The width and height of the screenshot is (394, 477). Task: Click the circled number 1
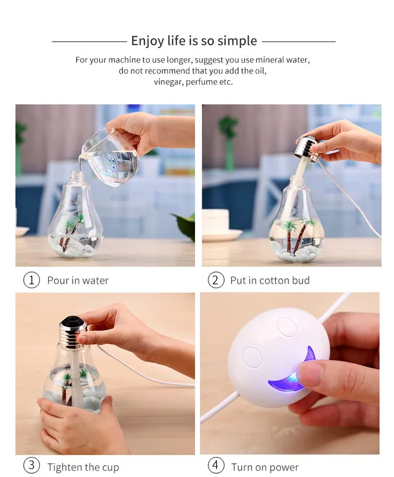pos(32,280)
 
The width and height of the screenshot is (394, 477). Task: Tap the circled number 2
pos(215,280)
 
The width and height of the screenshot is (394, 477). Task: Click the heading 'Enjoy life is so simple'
pos(194,41)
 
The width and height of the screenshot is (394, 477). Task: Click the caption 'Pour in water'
pos(78,281)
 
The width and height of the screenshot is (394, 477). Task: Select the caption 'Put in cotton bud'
pos(269,281)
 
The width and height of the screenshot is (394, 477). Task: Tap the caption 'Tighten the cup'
pos(83,467)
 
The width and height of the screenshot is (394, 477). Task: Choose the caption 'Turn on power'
pos(265,467)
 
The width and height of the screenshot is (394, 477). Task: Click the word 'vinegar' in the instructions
pos(168,82)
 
